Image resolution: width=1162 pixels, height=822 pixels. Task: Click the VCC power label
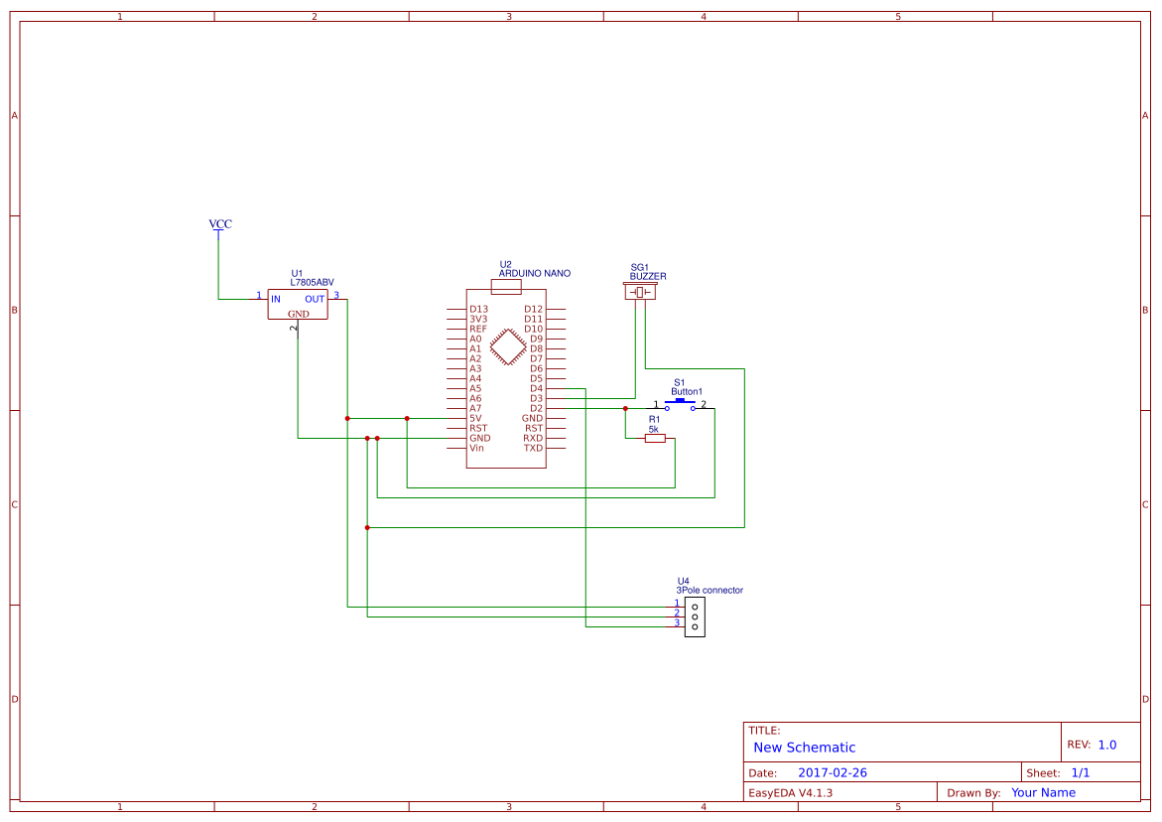(x=220, y=224)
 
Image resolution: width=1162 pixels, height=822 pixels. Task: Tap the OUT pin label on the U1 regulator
(x=315, y=299)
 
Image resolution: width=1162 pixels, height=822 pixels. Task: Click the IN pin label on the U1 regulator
(x=276, y=299)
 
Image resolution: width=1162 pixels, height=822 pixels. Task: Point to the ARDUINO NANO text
(x=534, y=273)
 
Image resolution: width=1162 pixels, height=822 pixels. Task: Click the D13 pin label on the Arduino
(x=478, y=309)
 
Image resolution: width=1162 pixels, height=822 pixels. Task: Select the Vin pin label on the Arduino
(x=477, y=448)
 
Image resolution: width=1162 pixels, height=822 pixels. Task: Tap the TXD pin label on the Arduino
(x=533, y=448)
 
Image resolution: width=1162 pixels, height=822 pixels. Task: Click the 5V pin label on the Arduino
(x=475, y=418)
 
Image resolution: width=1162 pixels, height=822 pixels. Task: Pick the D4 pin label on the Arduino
(x=536, y=388)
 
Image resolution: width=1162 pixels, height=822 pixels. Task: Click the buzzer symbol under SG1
(x=640, y=292)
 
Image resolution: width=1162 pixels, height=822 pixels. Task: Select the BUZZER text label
(x=648, y=276)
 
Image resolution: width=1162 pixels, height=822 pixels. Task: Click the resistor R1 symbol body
(x=655, y=438)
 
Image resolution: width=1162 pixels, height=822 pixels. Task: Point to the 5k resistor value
(x=654, y=429)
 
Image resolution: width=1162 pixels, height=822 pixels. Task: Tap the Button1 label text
(x=686, y=392)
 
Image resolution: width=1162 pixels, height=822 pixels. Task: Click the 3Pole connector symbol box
(x=695, y=616)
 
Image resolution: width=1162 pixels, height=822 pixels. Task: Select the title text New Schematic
(x=804, y=748)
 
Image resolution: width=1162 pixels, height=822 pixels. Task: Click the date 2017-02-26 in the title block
(x=832, y=772)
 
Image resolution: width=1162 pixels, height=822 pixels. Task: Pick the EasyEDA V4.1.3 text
(x=790, y=792)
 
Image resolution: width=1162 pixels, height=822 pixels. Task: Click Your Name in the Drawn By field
(x=1043, y=792)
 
